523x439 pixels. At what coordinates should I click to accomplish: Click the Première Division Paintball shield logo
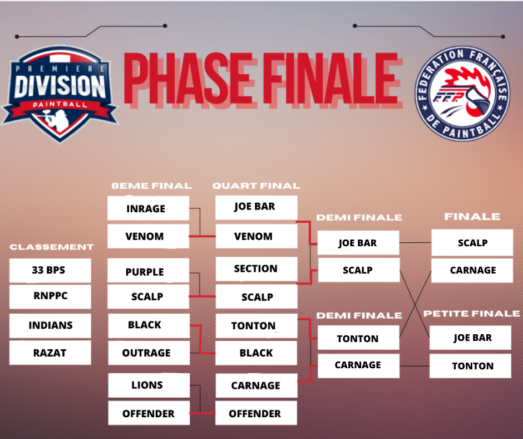tap(60, 94)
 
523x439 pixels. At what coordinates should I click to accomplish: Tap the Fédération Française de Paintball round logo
tap(462, 94)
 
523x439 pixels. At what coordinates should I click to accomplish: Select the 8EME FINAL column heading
tap(151, 186)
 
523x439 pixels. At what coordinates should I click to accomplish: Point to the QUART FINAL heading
tap(256, 186)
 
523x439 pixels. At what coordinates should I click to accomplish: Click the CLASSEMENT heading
tap(52, 247)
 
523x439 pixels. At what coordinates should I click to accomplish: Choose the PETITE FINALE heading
tap(471, 314)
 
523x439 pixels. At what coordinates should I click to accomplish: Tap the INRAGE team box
tap(148, 208)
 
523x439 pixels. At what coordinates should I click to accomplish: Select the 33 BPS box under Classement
tap(50, 270)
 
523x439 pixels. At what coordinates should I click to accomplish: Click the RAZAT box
tap(50, 353)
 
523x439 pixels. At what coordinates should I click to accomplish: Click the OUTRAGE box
tap(149, 353)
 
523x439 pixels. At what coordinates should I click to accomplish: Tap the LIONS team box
tap(149, 385)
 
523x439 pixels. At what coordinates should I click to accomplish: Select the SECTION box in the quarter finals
tap(256, 269)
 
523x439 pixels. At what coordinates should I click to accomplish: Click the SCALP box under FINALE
tap(472, 242)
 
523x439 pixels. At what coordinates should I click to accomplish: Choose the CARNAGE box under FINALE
tap(472, 270)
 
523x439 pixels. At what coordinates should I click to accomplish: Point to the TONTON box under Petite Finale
tap(470, 366)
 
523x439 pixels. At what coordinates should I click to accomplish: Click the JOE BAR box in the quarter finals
tap(256, 207)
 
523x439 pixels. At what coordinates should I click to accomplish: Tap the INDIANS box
tap(50, 326)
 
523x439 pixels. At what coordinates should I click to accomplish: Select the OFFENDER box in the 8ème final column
tap(149, 413)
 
